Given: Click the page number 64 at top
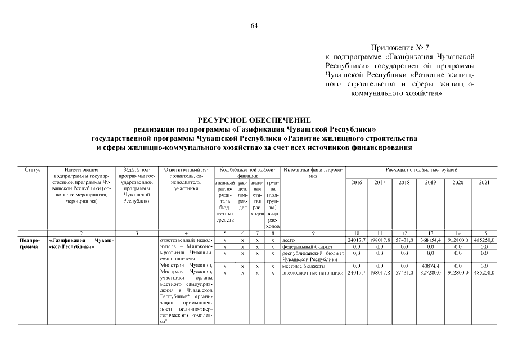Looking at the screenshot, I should [x=254, y=26].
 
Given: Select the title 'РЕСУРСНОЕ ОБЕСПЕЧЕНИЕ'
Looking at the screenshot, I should [x=254, y=120].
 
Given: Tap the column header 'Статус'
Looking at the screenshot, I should [x=33, y=169].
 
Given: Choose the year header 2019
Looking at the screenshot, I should [x=431, y=182].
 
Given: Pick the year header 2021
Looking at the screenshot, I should [x=484, y=182].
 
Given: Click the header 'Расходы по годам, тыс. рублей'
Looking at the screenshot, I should [x=421, y=169].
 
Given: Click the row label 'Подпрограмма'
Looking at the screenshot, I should [x=25, y=243].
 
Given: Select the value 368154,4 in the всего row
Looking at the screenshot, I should [x=431, y=240].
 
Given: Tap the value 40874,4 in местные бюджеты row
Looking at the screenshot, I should [x=431, y=265].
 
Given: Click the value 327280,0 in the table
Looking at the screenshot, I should [x=431, y=273].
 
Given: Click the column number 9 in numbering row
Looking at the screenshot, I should [x=313, y=233].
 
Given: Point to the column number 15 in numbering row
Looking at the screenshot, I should [x=484, y=233].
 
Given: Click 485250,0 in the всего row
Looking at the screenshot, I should [x=484, y=240].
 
